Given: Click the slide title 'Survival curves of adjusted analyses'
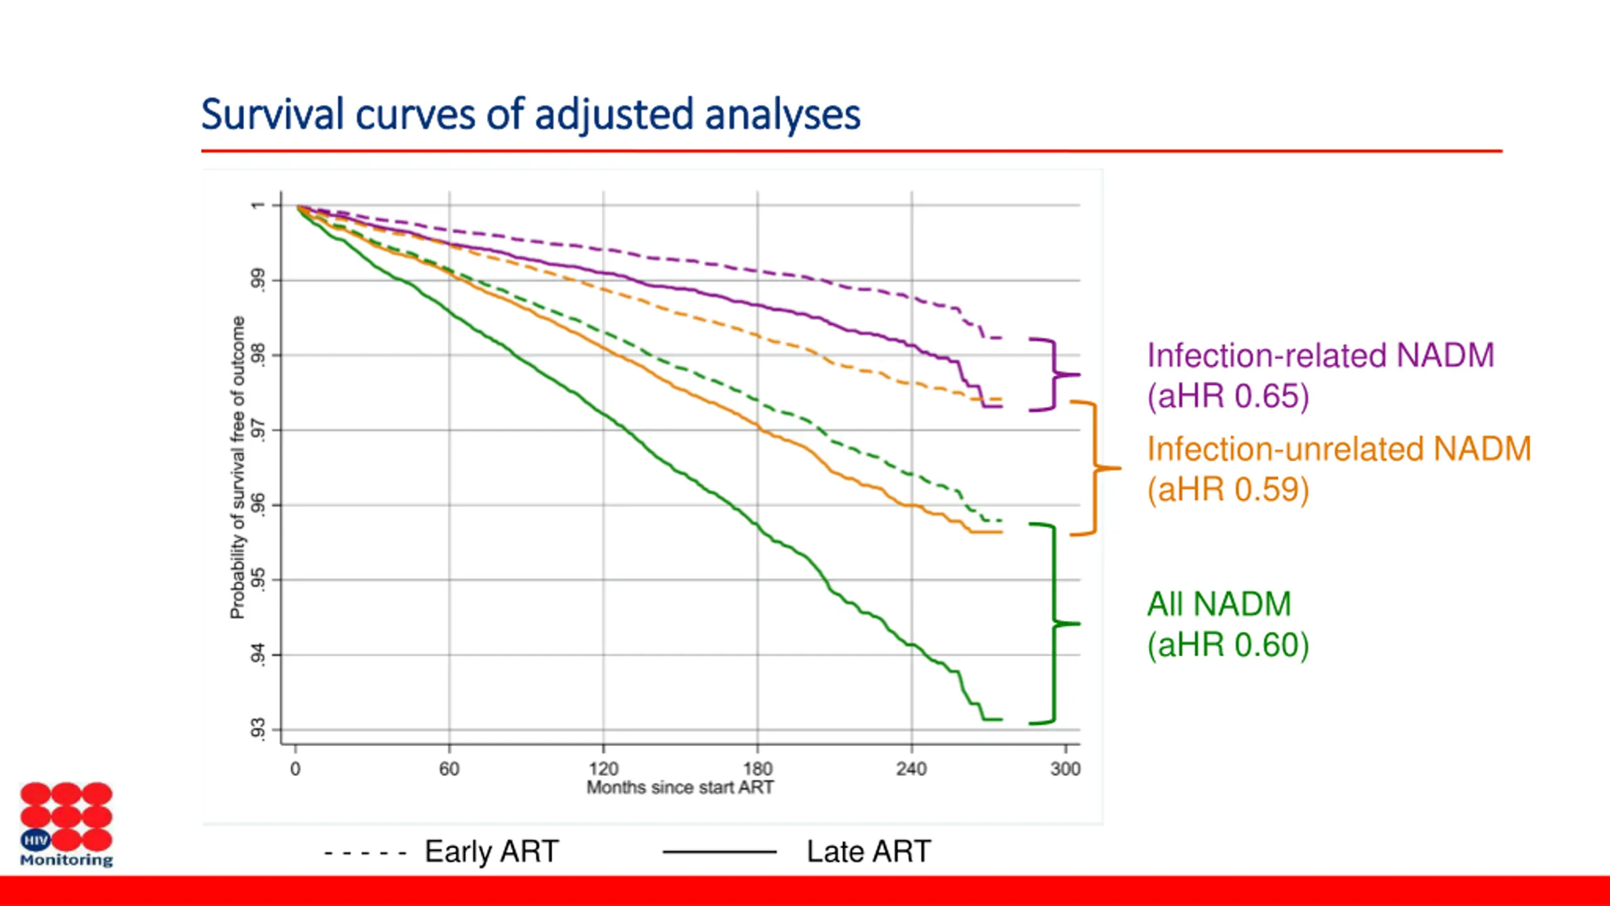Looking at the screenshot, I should tap(530, 115).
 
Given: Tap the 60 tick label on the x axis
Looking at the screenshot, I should tap(449, 768).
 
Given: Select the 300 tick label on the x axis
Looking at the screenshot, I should tap(1065, 768).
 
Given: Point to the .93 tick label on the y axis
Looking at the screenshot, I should tap(258, 729).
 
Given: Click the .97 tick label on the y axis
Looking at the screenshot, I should tap(258, 430).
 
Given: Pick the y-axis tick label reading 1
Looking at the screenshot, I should tap(258, 205).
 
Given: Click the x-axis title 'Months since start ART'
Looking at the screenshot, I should tap(680, 787).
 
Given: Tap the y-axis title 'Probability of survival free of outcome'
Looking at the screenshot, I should tap(237, 467).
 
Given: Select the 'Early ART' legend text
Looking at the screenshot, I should tap(492, 852).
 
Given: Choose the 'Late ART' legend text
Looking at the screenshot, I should tap(869, 852).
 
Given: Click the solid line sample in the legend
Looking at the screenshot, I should tap(719, 853).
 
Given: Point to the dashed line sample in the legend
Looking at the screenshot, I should tap(365, 853).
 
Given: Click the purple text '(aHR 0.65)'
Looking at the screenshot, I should tap(1228, 396).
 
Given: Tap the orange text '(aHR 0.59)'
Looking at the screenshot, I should tap(1228, 489).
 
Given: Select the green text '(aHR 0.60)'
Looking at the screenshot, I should tap(1228, 645).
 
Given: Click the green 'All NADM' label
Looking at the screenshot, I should tap(1219, 604).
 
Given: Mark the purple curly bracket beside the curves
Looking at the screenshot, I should tap(1054, 375).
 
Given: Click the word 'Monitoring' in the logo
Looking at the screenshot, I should tap(66, 859).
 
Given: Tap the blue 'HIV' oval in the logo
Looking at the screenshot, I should tap(35, 839).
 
